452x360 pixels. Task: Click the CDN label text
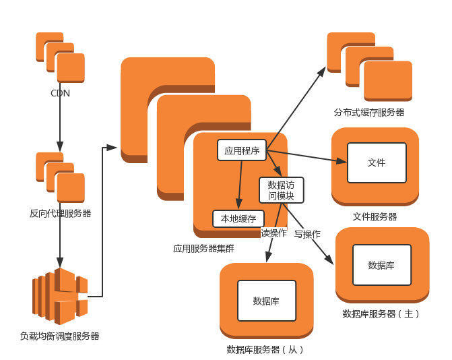(60, 93)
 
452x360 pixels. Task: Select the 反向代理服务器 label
(60, 213)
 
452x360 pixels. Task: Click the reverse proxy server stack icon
(60, 177)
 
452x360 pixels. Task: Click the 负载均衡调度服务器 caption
(60, 335)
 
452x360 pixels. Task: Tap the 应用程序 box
(242, 150)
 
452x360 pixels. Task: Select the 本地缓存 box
(238, 219)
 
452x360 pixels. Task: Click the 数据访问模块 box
(281, 190)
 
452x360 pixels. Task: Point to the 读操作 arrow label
(273, 233)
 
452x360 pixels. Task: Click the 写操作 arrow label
(306, 234)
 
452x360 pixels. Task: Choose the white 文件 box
(377, 162)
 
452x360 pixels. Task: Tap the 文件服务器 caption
(375, 216)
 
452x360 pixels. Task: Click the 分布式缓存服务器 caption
(369, 112)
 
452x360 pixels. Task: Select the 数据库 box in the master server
(381, 264)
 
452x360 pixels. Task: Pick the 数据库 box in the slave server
(266, 300)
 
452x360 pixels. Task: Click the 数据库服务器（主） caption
(381, 313)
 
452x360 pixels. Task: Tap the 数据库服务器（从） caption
(265, 349)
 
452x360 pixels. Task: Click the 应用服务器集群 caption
(203, 248)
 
